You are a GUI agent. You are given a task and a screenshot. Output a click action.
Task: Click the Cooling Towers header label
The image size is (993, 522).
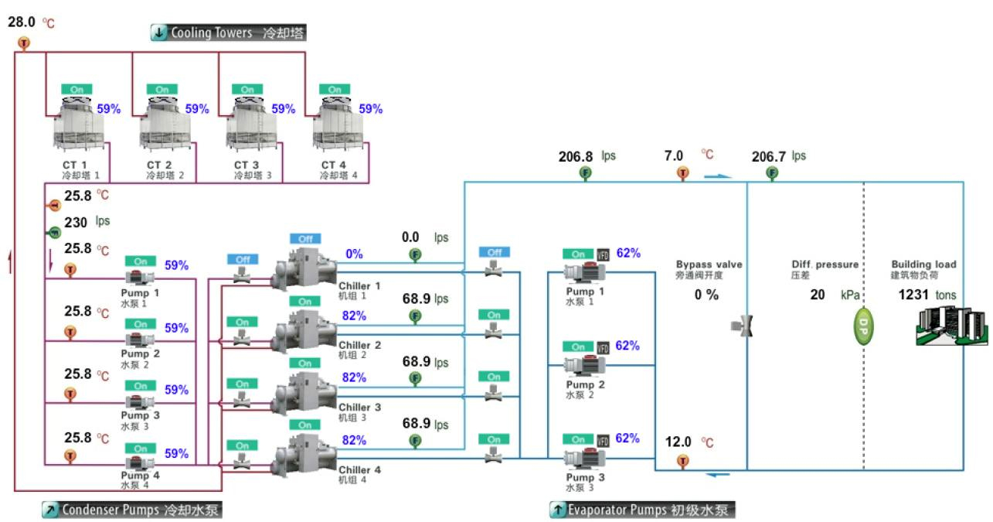point(228,32)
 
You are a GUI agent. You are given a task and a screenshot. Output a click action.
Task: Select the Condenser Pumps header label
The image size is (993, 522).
point(132,510)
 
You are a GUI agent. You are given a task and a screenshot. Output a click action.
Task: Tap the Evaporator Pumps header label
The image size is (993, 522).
point(642,510)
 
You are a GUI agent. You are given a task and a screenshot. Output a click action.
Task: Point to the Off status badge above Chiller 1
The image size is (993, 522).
point(305,239)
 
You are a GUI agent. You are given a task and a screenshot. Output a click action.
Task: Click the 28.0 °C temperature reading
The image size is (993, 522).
point(31,22)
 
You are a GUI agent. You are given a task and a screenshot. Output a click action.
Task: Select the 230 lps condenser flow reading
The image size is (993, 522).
point(87,222)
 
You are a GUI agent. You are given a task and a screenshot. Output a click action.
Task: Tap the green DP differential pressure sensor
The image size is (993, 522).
point(863,327)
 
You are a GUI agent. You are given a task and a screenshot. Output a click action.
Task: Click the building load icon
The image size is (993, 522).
point(951,326)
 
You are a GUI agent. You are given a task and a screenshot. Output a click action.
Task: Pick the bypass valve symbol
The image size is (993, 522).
point(742,326)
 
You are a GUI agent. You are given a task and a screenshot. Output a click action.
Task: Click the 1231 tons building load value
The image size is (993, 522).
point(927,295)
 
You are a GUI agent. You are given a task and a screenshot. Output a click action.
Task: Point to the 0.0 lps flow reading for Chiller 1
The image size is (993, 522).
point(425,237)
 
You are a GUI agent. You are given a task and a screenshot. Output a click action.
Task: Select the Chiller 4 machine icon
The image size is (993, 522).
point(304,455)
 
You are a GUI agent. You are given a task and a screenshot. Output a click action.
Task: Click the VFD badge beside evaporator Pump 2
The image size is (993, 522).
point(603,347)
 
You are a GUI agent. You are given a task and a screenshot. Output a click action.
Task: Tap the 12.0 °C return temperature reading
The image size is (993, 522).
point(689,442)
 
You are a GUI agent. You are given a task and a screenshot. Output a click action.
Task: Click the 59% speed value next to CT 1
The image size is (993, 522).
point(109,109)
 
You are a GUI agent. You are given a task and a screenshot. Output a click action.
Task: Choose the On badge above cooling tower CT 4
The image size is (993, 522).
point(335,89)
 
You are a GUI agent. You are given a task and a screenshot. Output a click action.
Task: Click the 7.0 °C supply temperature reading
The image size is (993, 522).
point(689,155)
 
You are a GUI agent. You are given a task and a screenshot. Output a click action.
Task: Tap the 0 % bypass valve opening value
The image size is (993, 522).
point(706,295)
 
